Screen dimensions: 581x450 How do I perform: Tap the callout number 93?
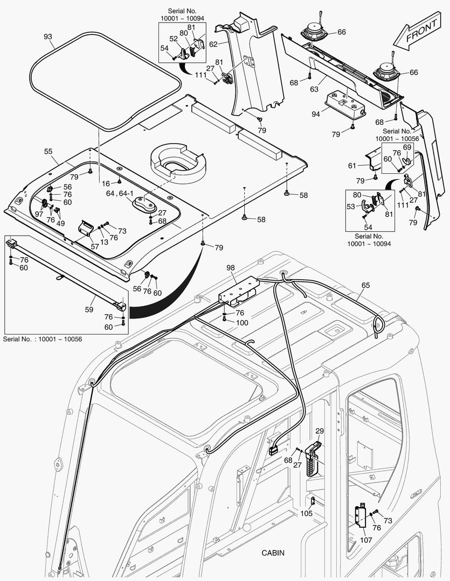pos(48,37)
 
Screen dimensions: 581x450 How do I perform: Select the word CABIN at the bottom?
pos(273,552)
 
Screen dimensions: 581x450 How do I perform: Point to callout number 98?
pos(231,267)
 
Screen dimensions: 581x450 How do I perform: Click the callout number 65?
pos(365,285)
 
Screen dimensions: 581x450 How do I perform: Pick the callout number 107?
pos(366,540)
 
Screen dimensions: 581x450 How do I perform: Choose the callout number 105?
pos(306,514)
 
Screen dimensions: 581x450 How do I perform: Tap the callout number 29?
pos(320,431)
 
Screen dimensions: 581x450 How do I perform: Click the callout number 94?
pos(316,114)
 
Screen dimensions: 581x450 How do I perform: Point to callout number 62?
pos(213,44)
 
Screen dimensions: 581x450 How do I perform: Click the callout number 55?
pos(48,152)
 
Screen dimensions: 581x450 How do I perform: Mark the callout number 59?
pos(89,309)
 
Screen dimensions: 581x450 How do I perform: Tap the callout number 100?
pos(243,322)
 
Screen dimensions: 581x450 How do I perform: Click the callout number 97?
pos(39,214)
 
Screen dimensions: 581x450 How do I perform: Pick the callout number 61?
pos(352,166)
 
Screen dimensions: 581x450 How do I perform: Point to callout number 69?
pos(407,147)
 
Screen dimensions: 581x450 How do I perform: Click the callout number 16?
pos(106,183)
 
